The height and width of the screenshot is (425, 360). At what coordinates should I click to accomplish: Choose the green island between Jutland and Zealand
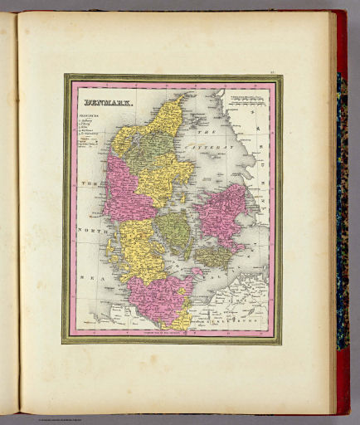175,232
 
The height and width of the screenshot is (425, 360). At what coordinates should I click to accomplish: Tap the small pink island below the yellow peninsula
197,271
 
